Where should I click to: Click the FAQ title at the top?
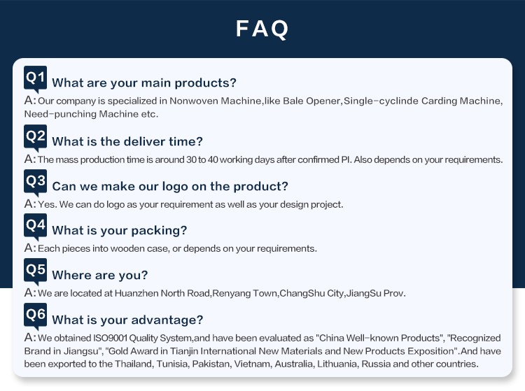click(x=262, y=29)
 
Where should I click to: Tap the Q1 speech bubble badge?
click(x=35, y=78)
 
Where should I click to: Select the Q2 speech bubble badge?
click(x=35, y=138)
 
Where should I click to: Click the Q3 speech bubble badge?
click(x=35, y=183)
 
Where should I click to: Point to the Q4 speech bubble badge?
click(x=35, y=227)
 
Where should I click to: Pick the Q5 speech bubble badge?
click(x=35, y=271)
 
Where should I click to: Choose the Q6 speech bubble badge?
click(x=35, y=315)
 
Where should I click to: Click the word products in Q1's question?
click(x=206, y=83)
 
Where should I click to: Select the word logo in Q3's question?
click(x=175, y=187)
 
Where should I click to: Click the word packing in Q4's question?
click(x=159, y=231)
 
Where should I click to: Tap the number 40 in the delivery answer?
click(x=213, y=159)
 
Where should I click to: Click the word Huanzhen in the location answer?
click(x=136, y=293)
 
